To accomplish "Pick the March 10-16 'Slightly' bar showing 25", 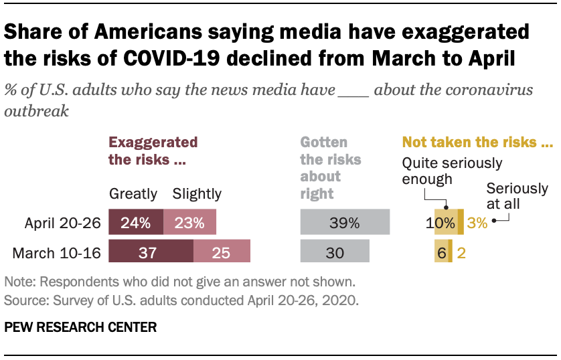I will coord(222,252).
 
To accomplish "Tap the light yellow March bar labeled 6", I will coord(441,252).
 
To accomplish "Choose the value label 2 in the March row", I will coord(462,252).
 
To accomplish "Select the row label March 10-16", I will coord(64,253).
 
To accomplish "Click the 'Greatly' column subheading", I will coord(133,194).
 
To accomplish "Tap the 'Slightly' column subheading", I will coord(197,194).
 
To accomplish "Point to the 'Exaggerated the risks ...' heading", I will coord(153,151).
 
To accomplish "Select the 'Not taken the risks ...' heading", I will coord(477,143).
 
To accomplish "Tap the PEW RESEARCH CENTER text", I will coord(80,327).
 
